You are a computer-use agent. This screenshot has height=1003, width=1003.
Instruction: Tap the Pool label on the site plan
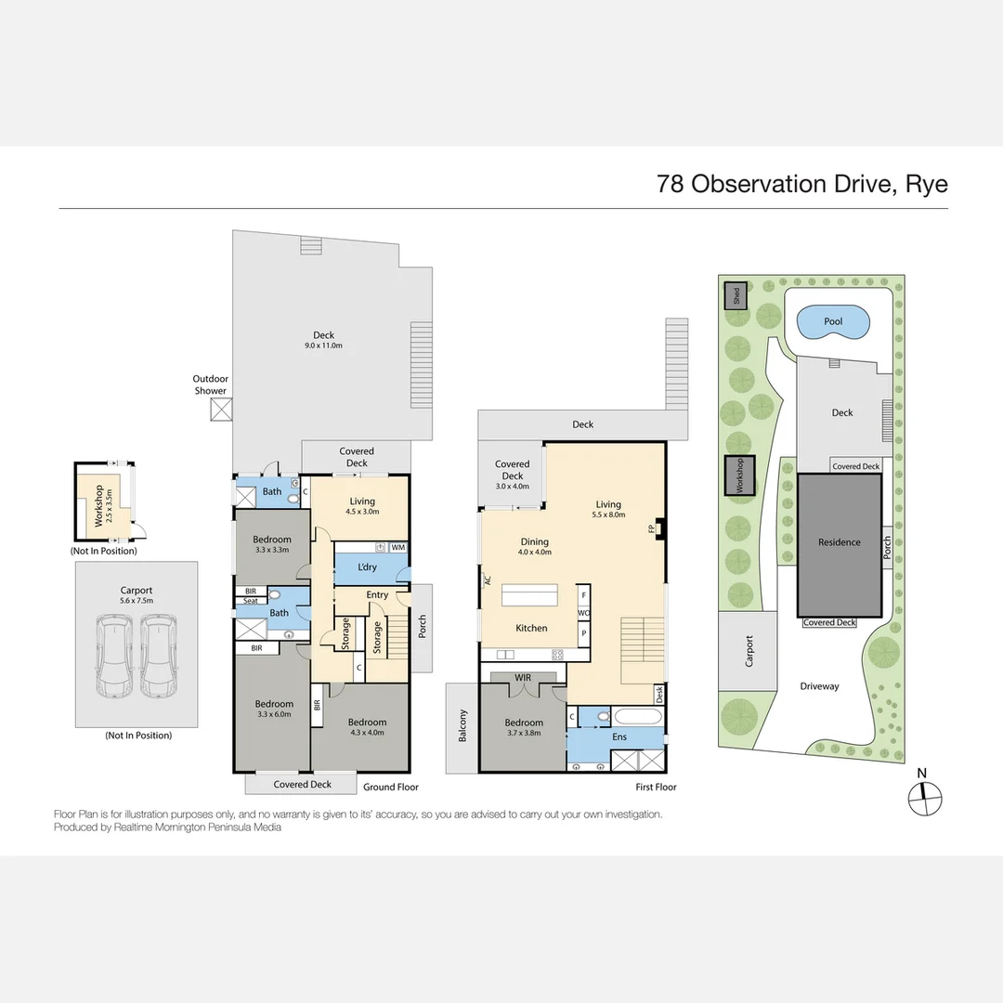tap(833, 322)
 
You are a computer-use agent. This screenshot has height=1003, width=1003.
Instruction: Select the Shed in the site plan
tap(736, 295)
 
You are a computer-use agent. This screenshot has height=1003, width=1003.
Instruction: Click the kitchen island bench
tap(530, 594)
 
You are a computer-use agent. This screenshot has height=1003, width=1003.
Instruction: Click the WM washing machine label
tap(397, 548)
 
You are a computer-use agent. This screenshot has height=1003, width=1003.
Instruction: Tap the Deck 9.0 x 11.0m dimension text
tap(323, 346)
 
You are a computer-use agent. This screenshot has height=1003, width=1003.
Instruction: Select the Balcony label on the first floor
tap(462, 726)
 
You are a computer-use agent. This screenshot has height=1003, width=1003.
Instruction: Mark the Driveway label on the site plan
tap(818, 686)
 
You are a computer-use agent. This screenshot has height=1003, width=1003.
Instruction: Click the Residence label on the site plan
tap(839, 542)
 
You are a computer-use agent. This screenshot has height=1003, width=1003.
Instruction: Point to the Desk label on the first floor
tap(659, 693)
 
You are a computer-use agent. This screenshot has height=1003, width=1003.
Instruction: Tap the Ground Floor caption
tap(390, 787)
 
